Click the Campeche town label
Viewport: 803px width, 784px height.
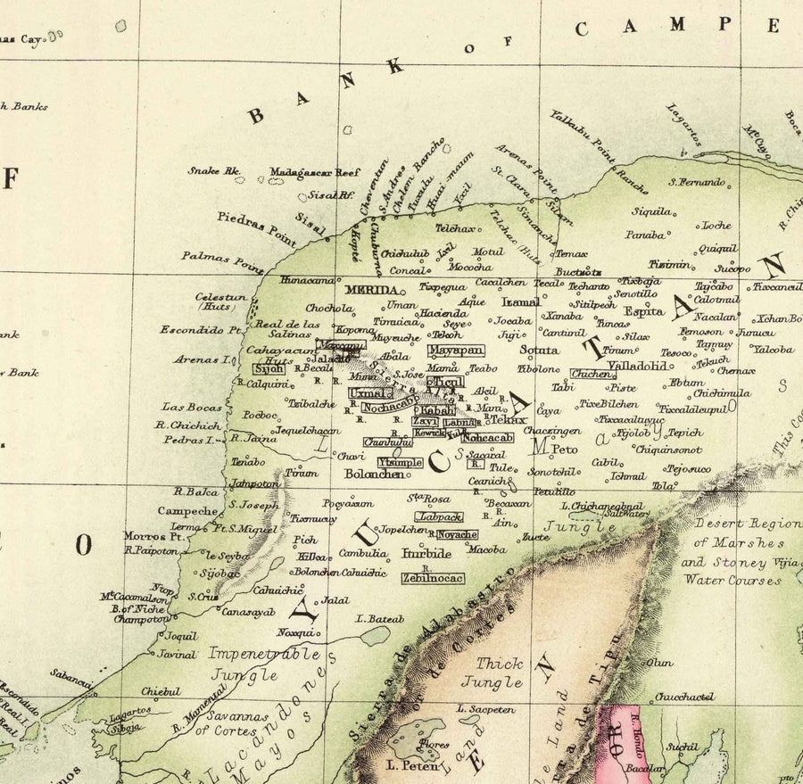tap(187, 511)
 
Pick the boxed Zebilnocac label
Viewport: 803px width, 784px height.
tap(432, 578)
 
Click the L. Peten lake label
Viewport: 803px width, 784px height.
tap(416, 765)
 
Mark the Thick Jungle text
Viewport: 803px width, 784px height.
tap(499, 673)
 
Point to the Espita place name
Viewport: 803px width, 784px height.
tap(644, 312)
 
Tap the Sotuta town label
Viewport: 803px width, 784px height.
tap(540, 351)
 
